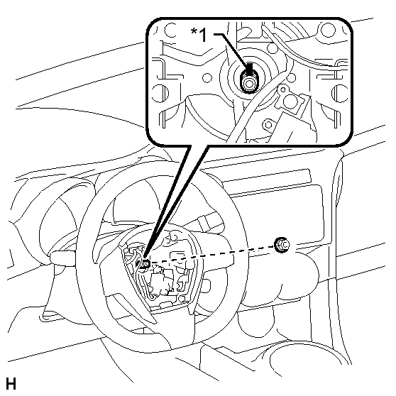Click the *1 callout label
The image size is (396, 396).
[199, 35]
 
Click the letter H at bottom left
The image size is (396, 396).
[11, 384]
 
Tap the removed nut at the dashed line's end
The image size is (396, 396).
[282, 244]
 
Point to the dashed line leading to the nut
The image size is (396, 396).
[212, 255]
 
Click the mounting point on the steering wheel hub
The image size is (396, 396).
[145, 264]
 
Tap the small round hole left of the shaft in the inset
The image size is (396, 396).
[207, 78]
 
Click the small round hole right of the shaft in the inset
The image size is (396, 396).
[291, 78]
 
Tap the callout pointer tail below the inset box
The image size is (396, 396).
[175, 202]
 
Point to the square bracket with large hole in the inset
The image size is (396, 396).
[292, 99]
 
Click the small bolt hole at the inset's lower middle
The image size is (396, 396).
[268, 124]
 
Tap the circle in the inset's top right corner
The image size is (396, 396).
[328, 29]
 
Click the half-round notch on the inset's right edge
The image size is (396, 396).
[340, 94]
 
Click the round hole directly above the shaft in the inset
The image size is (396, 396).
[272, 48]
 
